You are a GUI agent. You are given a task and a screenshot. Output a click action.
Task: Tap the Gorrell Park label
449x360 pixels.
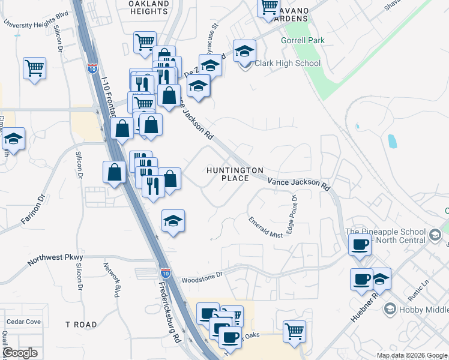(303, 41)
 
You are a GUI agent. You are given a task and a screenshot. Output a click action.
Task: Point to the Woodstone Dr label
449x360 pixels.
(202, 275)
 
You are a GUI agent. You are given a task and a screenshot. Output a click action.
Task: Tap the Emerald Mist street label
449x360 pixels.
(265, 227)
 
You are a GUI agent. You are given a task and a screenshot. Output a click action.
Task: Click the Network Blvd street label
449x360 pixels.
(112, 280)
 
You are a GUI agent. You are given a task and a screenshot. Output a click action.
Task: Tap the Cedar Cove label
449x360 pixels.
(24, 322)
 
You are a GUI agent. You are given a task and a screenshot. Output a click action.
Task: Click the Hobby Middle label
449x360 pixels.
(420, 309)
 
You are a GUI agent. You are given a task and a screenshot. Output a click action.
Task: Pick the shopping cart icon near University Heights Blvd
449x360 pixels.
(35, 67)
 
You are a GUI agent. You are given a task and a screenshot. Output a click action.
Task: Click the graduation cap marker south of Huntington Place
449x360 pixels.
(173, 221)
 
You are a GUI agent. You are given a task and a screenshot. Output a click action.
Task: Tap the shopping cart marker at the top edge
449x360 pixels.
(268, 7)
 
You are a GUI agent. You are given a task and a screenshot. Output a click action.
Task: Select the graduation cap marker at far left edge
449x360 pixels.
(13, 139)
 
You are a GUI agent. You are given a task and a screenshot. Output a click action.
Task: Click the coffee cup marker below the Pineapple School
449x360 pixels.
(360, 245)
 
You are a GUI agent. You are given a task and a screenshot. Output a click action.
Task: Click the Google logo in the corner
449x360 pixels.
(20, 353)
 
